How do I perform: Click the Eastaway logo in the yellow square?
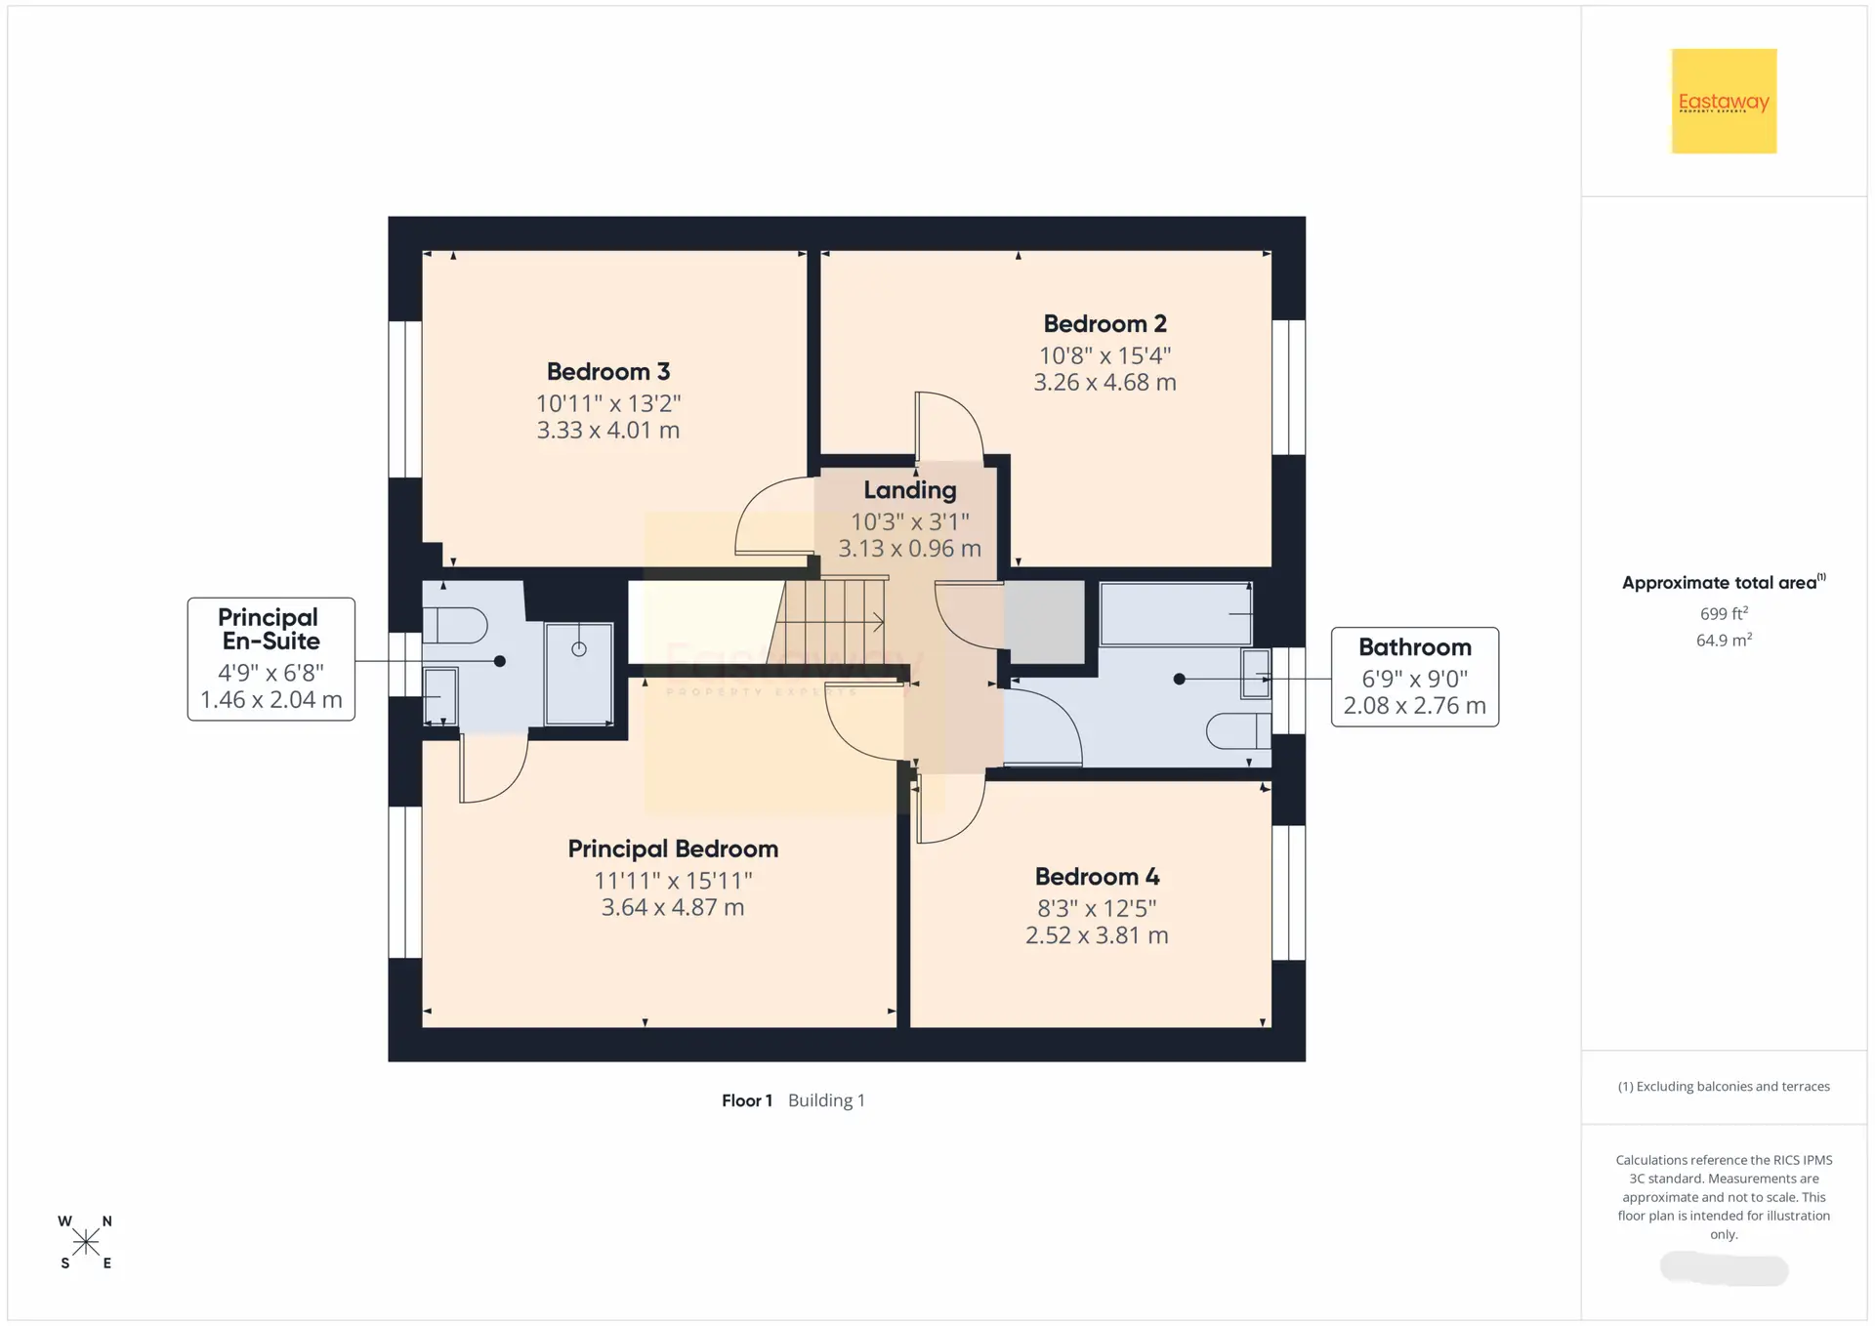(x=1724, y=102)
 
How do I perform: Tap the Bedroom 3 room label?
(x=607, y=372)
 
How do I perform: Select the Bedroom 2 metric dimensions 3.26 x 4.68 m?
(x=1104, y=383)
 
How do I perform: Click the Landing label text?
(x=909, y=490)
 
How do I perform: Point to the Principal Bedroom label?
(x=673, y=849)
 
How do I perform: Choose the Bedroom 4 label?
(x=1097, y=877)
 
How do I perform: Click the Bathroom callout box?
(x=1415, y=677)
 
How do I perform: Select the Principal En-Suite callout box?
(x=271, y=659)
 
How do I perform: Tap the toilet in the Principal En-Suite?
(x=455, y=625)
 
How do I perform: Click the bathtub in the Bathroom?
(x=1177, y=614)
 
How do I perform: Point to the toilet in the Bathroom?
(x=1239, y=731)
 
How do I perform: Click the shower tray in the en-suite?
(x=579, y=674)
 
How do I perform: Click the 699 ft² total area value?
(x=1724, y=613)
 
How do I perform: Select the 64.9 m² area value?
(x=1724, y=640)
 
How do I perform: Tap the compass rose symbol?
(x=86, y=1242)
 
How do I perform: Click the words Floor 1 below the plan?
(x=747, y=1100)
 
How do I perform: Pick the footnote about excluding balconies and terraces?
(x=1724, y=1087)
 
